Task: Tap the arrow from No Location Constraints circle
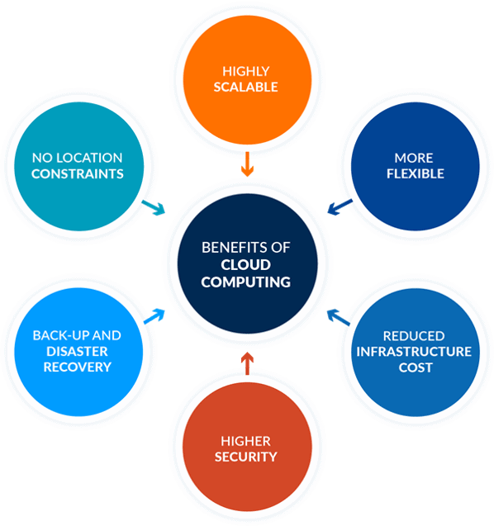point(154,207)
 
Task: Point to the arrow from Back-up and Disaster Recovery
point(154,315)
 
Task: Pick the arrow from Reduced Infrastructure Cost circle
point(335,315)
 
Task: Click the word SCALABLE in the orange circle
point(246,88)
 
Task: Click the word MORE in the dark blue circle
point(413,158)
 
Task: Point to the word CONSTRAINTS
point(77,173)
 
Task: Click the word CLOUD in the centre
point(246,265)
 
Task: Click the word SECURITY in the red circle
point(246,456)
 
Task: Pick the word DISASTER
point(77,351)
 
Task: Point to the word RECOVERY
point(77,366)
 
